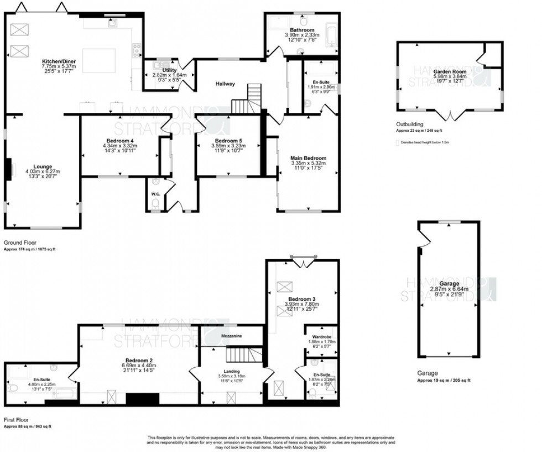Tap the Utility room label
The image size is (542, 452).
click(x=169, y=70)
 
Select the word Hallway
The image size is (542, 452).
click(x=225, y=84)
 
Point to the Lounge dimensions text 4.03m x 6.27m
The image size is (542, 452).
click(x=42, y=172)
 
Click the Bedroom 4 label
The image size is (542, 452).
click(x=119, y=141)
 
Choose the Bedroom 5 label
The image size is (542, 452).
click(x=230, y=141)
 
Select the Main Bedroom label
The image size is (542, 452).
click(x=308, y=158)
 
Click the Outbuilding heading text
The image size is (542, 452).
click(x=410, y=125)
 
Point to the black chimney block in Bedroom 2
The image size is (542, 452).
click(x=143, y=399)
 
